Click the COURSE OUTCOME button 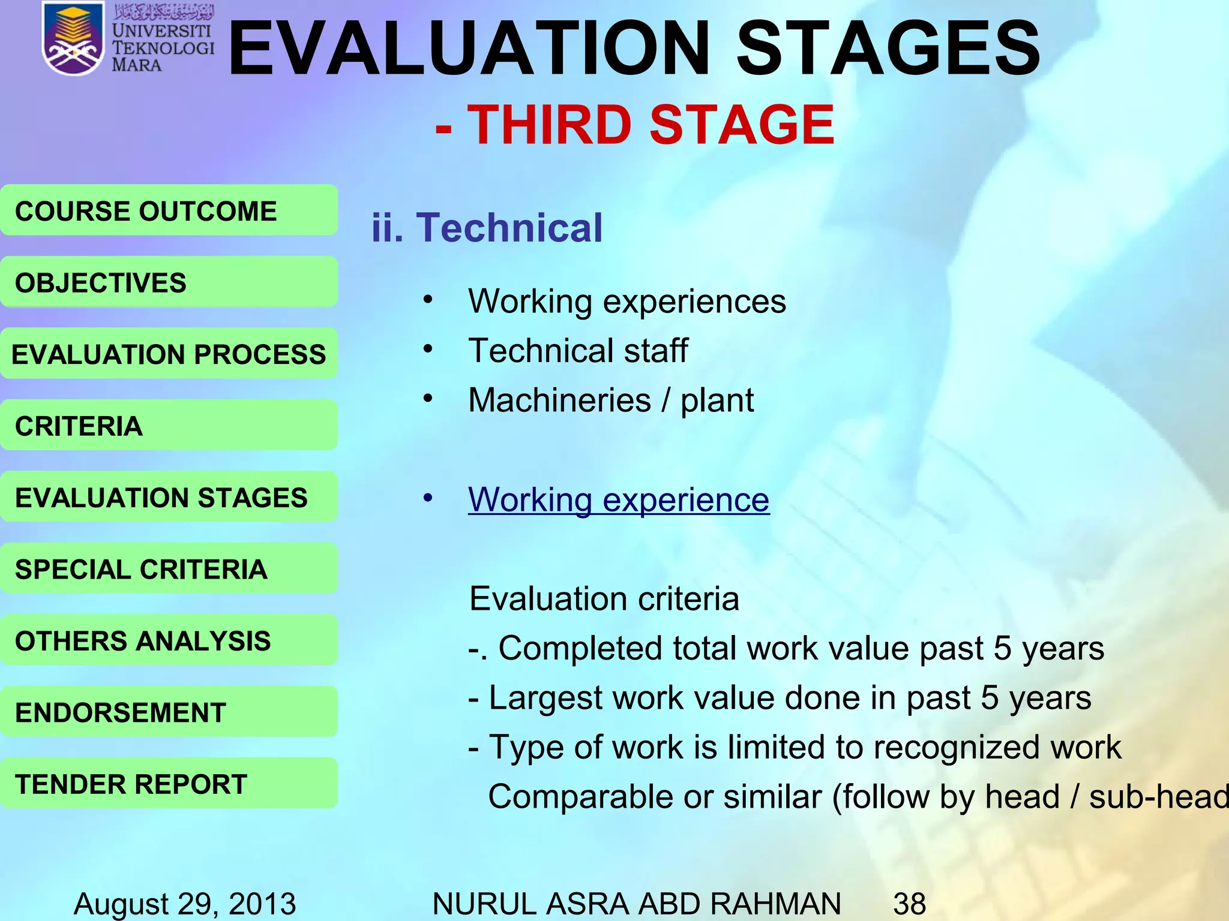click(x=169, y=210)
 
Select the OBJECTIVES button click(x=169, y=282)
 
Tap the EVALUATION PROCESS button click(x=169, y=354)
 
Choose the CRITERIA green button click(x=169, y=425)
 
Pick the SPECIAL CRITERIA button click(x=169, y=568)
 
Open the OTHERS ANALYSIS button click(x=169, y=640)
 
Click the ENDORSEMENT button click(x=169, y=712)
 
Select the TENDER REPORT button click(x=169, y=783)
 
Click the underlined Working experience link click(x=618, y=499)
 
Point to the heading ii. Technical click(x=487, y=228)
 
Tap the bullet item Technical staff click(x=578, y=350)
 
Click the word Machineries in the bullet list click(x=559, y=400)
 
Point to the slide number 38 click(x=909, y=903)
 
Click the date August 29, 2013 click(x=185, y=903)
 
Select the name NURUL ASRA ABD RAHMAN click(x=636, y=903)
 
